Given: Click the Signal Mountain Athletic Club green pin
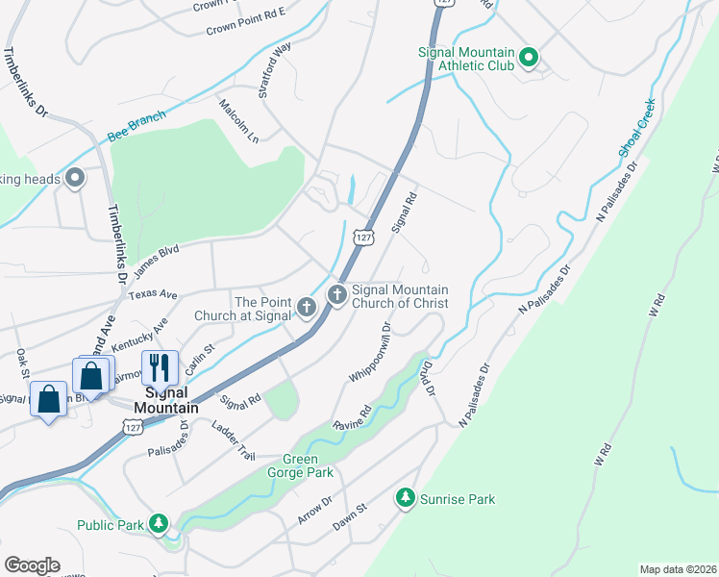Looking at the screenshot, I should pos(528,60).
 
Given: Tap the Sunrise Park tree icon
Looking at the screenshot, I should pos(406,497).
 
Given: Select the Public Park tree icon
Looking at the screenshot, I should pos(159,524).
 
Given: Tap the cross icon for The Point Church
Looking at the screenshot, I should pos(307,308).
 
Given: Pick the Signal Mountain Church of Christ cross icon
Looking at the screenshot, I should pos(337,294).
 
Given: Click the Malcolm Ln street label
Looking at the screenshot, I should pos(239,120).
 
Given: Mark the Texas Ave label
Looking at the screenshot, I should pos(154,293).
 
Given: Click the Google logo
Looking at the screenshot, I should pos(32,565).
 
